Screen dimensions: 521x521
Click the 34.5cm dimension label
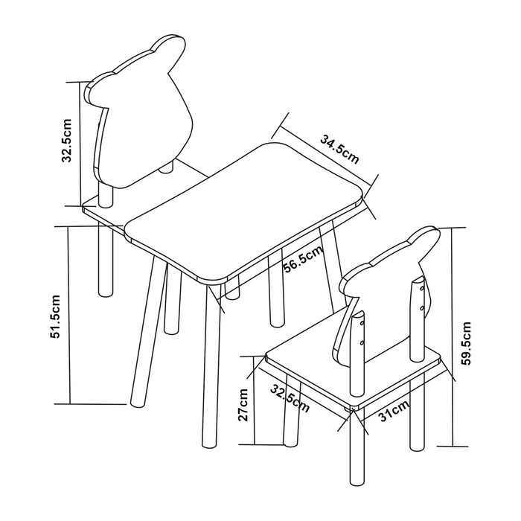click(339, 149)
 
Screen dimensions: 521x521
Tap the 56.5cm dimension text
click(303, 259)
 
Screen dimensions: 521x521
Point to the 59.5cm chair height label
click(466, 343)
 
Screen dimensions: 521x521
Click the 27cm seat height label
click(243, 404)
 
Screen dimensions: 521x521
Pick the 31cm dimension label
click(394, 410)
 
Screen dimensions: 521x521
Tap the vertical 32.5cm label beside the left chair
click(66, 140)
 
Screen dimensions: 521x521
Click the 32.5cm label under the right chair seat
click(290, 398)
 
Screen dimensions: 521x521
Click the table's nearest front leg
click(211, 365)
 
